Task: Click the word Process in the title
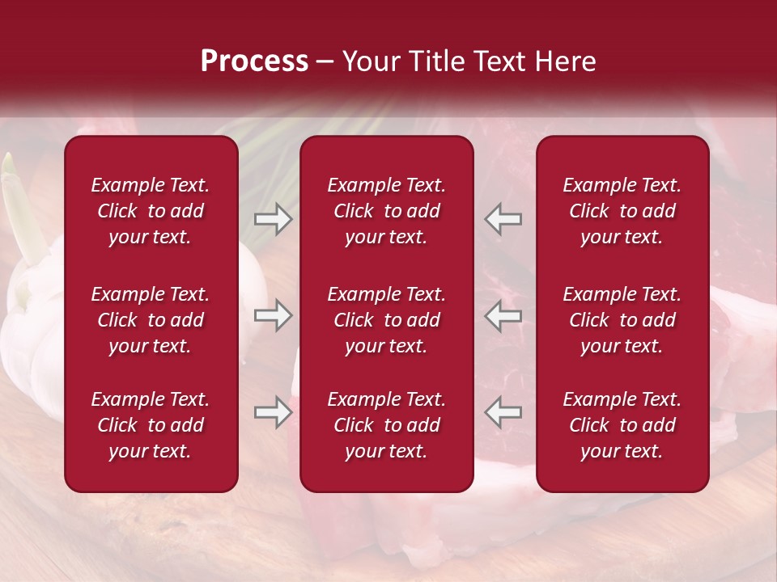(x=254, y=61)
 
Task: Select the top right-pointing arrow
(x=273, y=219)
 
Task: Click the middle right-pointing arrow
(x=273, y=315)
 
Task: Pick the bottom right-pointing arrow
(x=273, y=412)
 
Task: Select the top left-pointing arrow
(x=503, y=219)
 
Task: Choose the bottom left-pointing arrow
(x=503, y=412)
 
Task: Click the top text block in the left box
(x=151, y=211)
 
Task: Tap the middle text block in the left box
(x=151, y=320)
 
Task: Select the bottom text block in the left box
(x=151, y=425)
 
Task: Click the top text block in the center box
(x=387, y=211)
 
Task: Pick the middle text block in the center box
(x=387, y=320)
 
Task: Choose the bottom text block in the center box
(x=387, y=425)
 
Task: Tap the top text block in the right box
(x=622, y=211)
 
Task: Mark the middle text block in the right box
(x=622, y=320)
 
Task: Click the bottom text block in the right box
(x=622, y=425)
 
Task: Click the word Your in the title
(x=370, y=61)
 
